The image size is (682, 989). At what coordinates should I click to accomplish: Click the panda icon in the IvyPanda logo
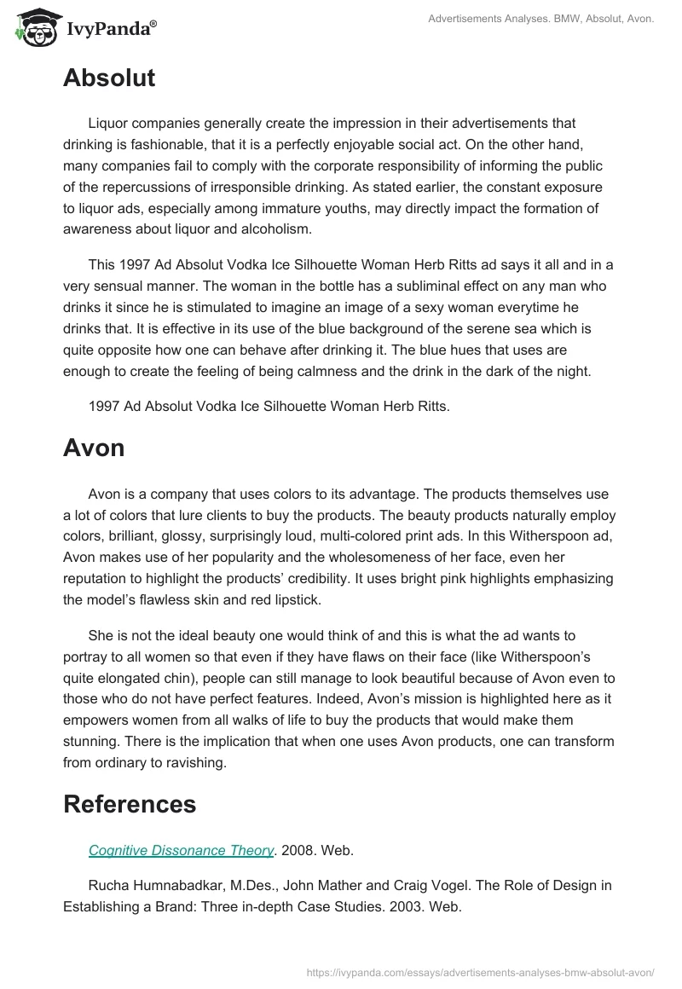(x=32, y=28)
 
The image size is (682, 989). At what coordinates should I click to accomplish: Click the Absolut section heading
(x=109, y=78)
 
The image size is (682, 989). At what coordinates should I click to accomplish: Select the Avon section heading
(x=94, y=448)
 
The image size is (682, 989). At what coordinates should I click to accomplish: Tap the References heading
(x=130, y=803)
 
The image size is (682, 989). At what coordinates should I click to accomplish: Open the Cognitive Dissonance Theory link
(x=181, y=850)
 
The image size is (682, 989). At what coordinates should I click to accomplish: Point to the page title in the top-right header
(x=530, y=18)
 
